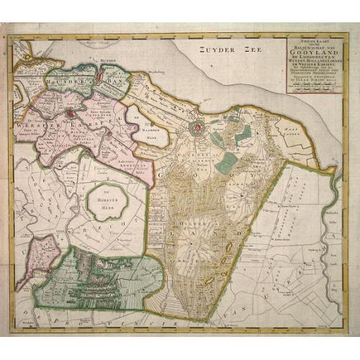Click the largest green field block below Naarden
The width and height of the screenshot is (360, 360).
[226, 162]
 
